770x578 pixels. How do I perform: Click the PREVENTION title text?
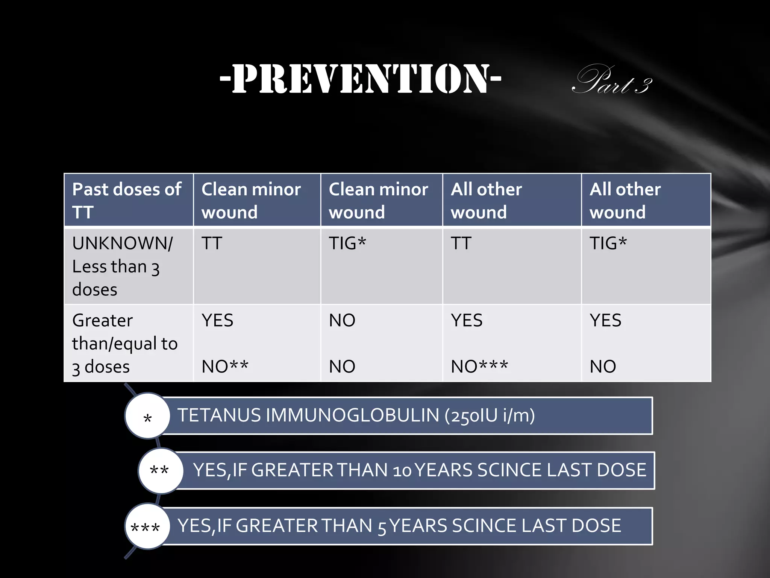click(360, 79)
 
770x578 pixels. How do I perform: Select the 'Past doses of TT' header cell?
click(127, 200)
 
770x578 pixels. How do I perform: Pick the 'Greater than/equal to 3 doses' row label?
click(124, 343)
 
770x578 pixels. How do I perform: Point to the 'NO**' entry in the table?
click(225, 366)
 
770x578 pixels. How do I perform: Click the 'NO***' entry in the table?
click(479, 366)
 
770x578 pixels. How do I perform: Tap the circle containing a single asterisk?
click(148, 416)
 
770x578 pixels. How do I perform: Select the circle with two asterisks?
click(160, 471)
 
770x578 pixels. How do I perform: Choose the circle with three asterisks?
click(146, 526)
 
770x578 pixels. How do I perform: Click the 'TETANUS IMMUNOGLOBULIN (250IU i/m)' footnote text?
click(356, 415)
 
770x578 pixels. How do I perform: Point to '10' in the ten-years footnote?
click(402, 471)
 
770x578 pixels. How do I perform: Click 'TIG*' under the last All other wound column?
click(608, 243)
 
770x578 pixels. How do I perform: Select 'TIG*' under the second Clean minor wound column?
click(347, 243)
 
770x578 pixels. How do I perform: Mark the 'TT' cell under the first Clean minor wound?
click(212, 243)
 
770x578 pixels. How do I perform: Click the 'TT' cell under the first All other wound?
click(461, 243)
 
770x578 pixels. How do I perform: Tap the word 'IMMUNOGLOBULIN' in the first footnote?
click(352, 415)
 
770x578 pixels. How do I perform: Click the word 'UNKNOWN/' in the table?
click(123, 243)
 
